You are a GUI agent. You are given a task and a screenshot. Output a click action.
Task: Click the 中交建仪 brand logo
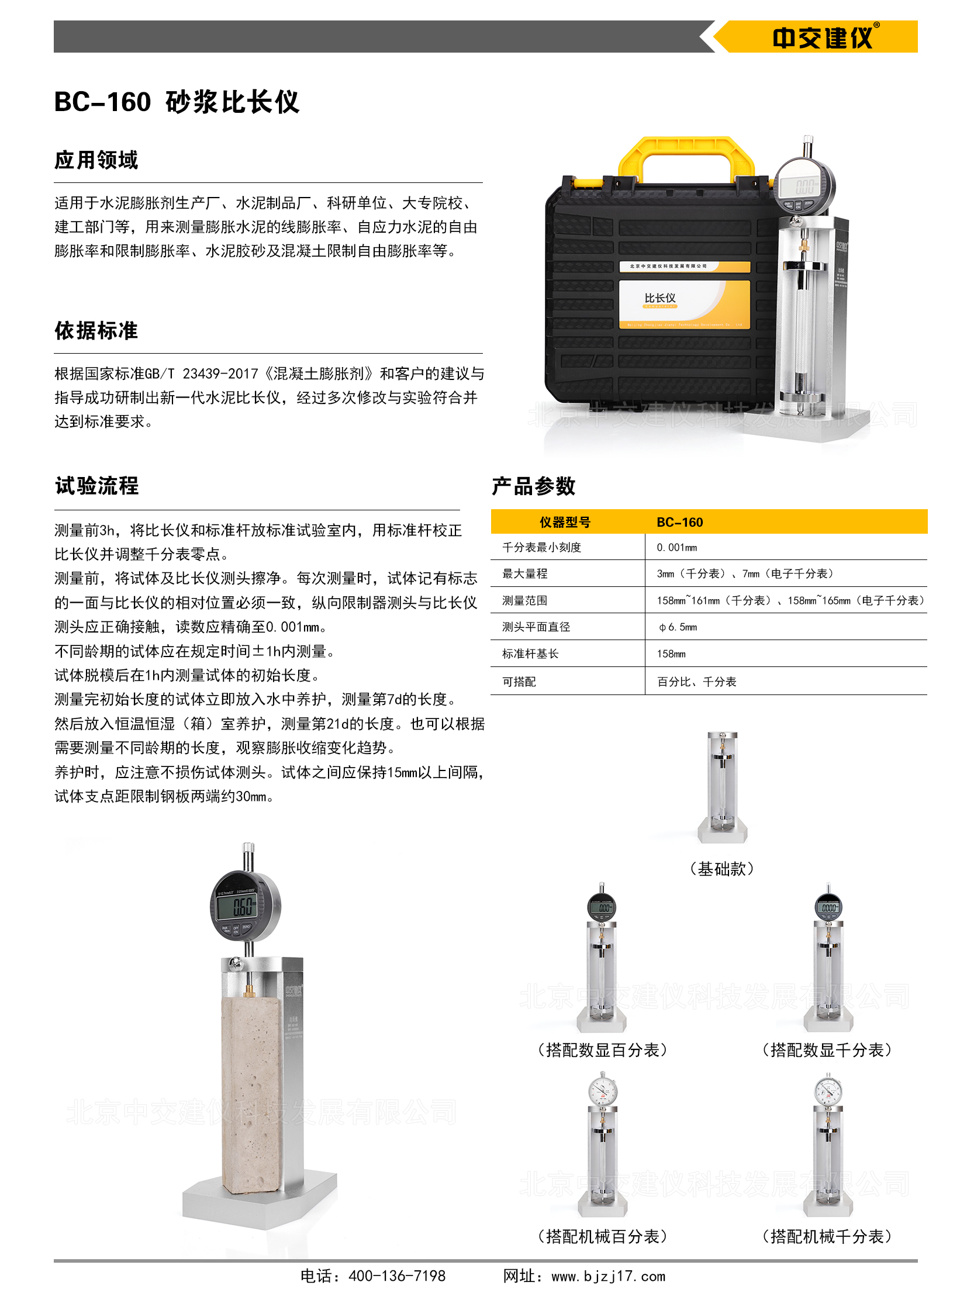[x=825, y=37]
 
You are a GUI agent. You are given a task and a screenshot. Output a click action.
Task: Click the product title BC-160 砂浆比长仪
[x=177, y=102]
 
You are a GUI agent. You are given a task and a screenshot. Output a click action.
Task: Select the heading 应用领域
[x=96, y=160]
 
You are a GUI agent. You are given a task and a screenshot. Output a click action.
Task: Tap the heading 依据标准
[x=96, y=330]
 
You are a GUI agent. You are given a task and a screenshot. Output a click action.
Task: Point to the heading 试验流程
[x=97, y=485]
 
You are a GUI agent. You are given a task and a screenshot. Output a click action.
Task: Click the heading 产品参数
[x=534, y=486]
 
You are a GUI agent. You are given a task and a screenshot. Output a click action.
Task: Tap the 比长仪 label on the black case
[x=659, y=298]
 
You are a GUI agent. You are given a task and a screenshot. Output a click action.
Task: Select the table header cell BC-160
[x=680, y=522]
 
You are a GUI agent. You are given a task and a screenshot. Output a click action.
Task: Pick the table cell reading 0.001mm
[x=677, y=548]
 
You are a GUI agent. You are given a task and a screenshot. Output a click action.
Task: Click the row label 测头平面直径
[x=536, y=627]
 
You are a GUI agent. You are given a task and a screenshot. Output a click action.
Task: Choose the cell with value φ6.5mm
[x=678, y=627]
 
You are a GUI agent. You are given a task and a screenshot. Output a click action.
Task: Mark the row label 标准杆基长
[x=530, y=654]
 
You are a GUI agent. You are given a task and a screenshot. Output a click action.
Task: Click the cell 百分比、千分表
[x=697, y=682]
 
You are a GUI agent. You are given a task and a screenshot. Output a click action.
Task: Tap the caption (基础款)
[x=722, y=869]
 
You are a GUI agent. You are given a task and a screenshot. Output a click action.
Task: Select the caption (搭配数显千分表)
[x=827, y=1050]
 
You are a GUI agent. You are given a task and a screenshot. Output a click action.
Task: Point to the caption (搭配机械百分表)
[x=602, y=1236]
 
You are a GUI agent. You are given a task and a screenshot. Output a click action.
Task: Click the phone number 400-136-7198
[x=397, y=1276]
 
